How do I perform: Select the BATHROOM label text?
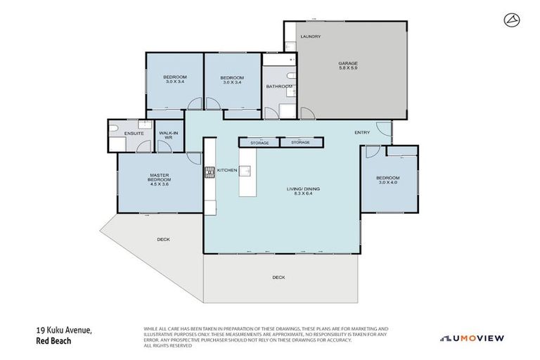coord(279,86)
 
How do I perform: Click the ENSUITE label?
coord(134,133)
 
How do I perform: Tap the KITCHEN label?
coord(227,171)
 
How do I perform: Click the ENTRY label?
coord(362,133)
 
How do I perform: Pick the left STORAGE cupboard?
coord(259,143)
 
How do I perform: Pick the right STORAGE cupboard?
coord(300,143)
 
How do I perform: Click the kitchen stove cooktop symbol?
coord(208,172)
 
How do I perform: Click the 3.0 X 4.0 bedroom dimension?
coord(388,183)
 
